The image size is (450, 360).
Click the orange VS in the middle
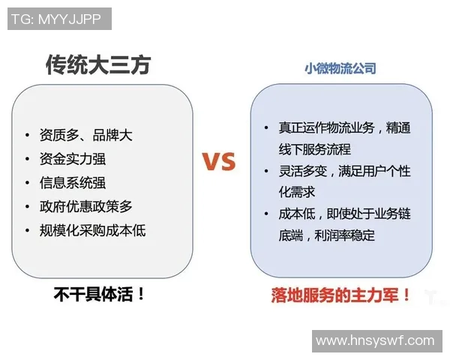[x=218, y=161]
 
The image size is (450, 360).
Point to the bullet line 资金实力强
[x=77, y=159]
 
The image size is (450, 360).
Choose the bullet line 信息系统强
[x=77, y=182]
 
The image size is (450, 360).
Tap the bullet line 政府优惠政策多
[x=85, y=206]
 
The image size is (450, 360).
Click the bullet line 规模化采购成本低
[x=92, y=229]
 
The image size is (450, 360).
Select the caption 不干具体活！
[x=99, y=294]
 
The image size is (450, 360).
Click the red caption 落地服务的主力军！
[x=341, y=295]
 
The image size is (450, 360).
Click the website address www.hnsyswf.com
[x=375, y=340]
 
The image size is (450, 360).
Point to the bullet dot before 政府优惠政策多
[x=28, y=206]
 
